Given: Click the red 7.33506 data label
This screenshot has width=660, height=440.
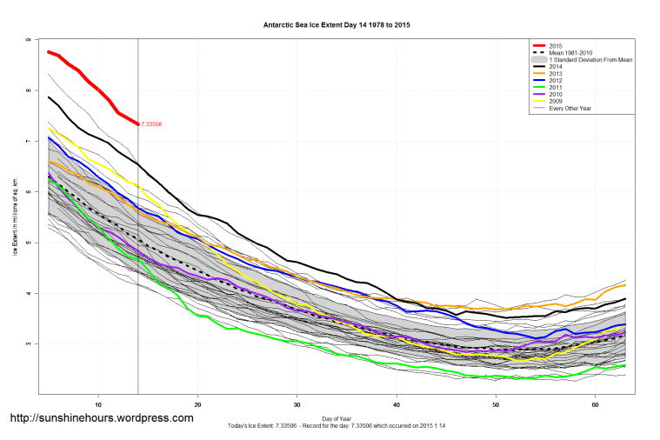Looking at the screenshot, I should tap(151, 124).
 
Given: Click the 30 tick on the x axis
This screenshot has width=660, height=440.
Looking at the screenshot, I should tap(297, 404).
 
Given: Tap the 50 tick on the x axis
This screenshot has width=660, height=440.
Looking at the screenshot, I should tap(497, 404).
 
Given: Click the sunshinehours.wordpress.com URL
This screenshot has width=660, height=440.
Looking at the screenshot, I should tap(101, 418).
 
